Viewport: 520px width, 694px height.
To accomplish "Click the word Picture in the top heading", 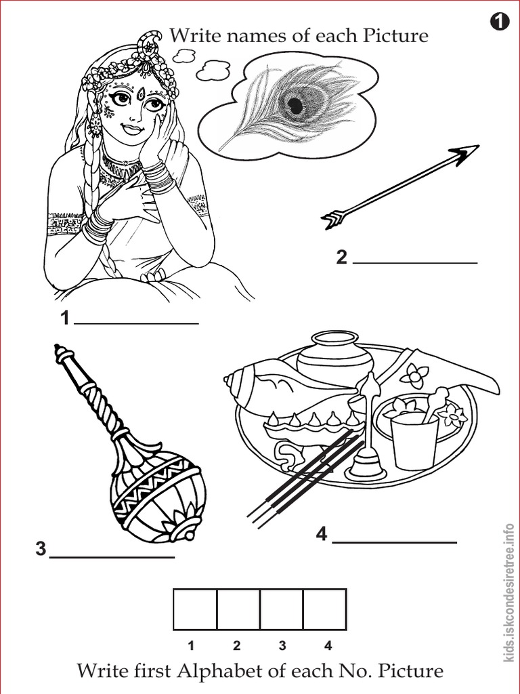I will (395, 35).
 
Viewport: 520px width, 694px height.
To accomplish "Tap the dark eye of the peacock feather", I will (295, 105).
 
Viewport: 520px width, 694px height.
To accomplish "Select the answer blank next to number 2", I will (414, 261).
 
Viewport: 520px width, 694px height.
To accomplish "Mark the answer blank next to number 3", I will (112, 556).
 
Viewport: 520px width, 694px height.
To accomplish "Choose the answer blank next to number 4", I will (394, 542).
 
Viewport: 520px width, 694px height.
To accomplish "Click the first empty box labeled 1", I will (195, 609).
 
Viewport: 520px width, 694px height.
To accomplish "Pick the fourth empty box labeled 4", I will (324, 609).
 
